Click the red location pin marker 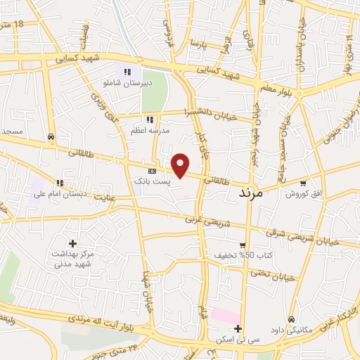[181, 166]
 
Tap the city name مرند [250, 192]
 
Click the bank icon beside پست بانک [152, 171]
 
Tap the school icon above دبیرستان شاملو [127, 71]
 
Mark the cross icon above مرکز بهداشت [72, 243]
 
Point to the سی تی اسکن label [238, 340]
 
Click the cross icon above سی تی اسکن [238, 328]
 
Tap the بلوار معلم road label [278, 86]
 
